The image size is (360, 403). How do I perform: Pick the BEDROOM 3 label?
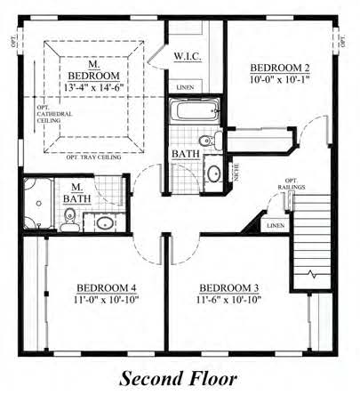(x=228, y=287)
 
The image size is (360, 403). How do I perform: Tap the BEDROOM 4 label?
(x=106, y=287)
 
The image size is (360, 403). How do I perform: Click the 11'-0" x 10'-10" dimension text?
(x=106, y=301)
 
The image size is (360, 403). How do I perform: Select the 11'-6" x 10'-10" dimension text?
(x=228, y=301)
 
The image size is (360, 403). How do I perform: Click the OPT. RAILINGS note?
(x=297, y=184)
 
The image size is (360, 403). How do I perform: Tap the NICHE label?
(x=236, y=172)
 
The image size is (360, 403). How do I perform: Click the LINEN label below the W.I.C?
(x=185, y=87)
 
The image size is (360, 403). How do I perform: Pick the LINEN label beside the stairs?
(x=276, y=226)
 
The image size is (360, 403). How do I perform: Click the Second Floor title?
(x=180, y=379)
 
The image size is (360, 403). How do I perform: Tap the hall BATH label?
(x=186, y=155)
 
